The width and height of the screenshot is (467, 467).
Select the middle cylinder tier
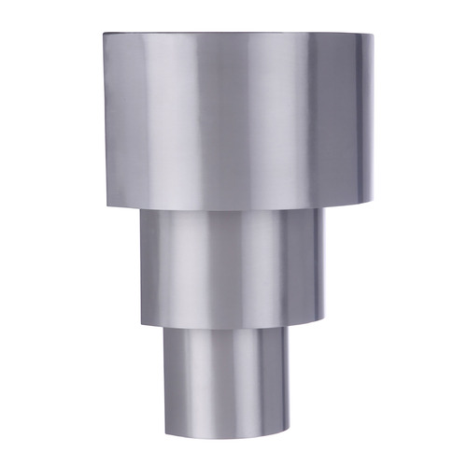click(233, 266)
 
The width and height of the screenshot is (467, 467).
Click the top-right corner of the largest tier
click(373, 35)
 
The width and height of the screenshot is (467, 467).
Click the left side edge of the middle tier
click(142, 266)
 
